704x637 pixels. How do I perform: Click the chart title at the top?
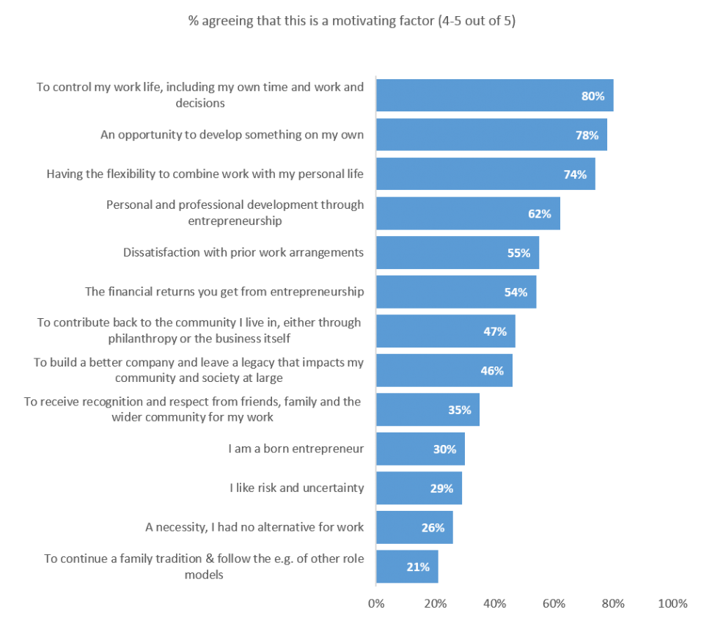pos(351,21)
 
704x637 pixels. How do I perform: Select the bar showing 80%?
pos(494,96)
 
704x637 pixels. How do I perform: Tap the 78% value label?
pos(587,136)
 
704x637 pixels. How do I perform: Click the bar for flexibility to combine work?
pos(485,174)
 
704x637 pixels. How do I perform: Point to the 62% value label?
pos(539,214)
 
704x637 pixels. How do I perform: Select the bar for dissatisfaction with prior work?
pos(457,253)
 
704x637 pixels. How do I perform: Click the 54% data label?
pos(516,292)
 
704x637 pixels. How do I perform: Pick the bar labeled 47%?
pos(445,331)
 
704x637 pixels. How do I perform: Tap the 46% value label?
pos(491,371)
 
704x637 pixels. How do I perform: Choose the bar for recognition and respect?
pos(428,410)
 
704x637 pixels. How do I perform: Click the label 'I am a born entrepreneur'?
pos(296,449)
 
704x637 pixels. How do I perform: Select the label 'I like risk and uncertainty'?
pos(296,487)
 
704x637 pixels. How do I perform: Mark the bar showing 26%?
pos(414,527)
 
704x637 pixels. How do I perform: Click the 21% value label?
pos(417,567)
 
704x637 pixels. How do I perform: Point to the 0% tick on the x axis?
pos(375,604)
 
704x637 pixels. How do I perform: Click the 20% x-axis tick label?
pos(436,604)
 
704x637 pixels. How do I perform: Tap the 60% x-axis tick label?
pos(554,604)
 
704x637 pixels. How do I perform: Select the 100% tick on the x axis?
pos(672,604)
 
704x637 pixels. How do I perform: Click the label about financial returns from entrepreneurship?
pos(224,292)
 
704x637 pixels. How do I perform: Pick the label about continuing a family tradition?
pos(204,567)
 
